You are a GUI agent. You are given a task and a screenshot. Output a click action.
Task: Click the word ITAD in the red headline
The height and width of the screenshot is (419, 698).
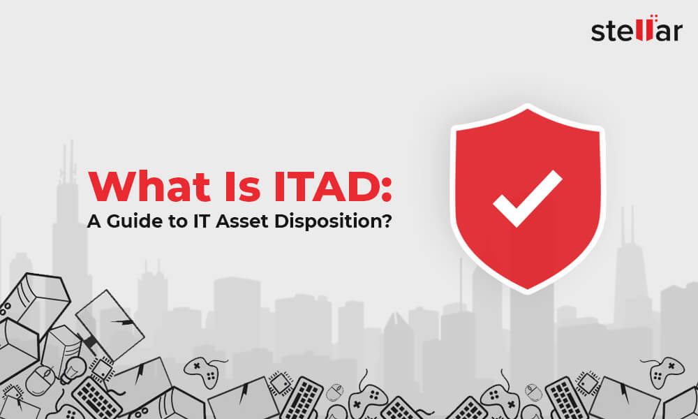[326, 186]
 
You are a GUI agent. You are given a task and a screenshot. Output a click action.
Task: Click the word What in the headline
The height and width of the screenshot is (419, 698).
[149, 186]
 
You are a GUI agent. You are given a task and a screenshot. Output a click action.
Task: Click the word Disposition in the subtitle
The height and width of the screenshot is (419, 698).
[327, 222]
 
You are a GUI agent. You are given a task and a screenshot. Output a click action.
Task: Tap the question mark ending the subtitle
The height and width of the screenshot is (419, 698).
[387, 221]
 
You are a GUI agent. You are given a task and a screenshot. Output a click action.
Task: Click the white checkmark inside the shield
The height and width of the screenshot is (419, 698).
[528, 198]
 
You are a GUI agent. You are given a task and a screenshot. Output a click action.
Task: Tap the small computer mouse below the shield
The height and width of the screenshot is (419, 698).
[533, 392]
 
